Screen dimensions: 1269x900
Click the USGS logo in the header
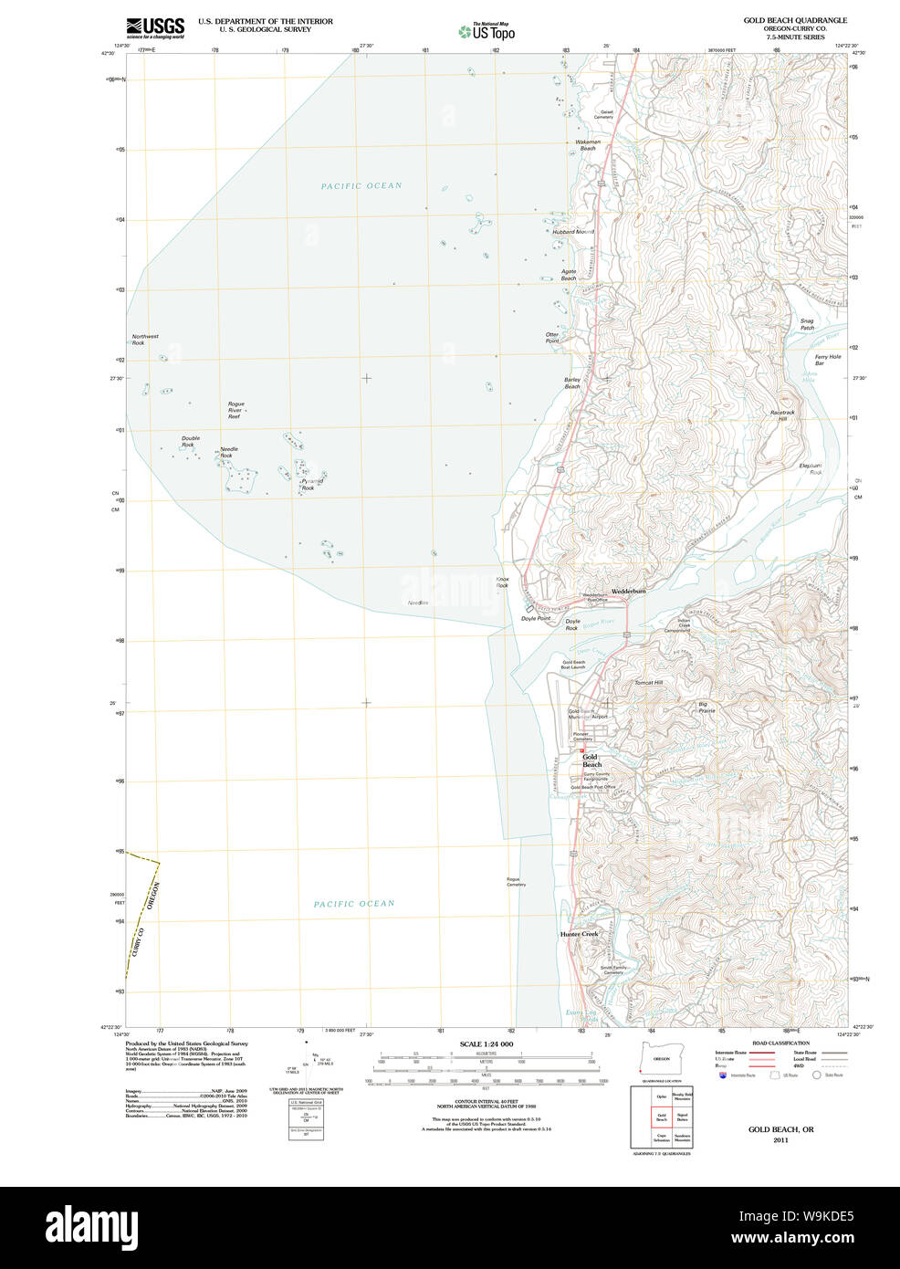coord(155,27)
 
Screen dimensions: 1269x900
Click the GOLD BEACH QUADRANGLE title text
coord(794,20)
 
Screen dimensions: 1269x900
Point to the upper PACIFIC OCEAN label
coord(361,186)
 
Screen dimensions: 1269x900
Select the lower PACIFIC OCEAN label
coord(354,904)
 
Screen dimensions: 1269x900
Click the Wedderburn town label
coord(628,592)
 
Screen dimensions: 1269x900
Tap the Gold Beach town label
coord(591,760)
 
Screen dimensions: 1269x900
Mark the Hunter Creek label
coord(579,934)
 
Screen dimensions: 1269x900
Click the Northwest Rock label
coord(144,340)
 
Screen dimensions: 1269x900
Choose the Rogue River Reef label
coord(235,410)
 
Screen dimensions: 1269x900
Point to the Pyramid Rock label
coord(311,484)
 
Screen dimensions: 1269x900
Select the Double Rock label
coord(190,442)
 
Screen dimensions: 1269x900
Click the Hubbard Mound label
coord(572,232)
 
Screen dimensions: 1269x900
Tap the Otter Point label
coord(552,338)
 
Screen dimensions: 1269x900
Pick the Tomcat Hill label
coord(648,683)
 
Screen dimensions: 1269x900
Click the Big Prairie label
coord(706,707)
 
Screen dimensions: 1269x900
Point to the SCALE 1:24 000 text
coord(486,1044)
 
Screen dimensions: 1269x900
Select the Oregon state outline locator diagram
coord(657,1057)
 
